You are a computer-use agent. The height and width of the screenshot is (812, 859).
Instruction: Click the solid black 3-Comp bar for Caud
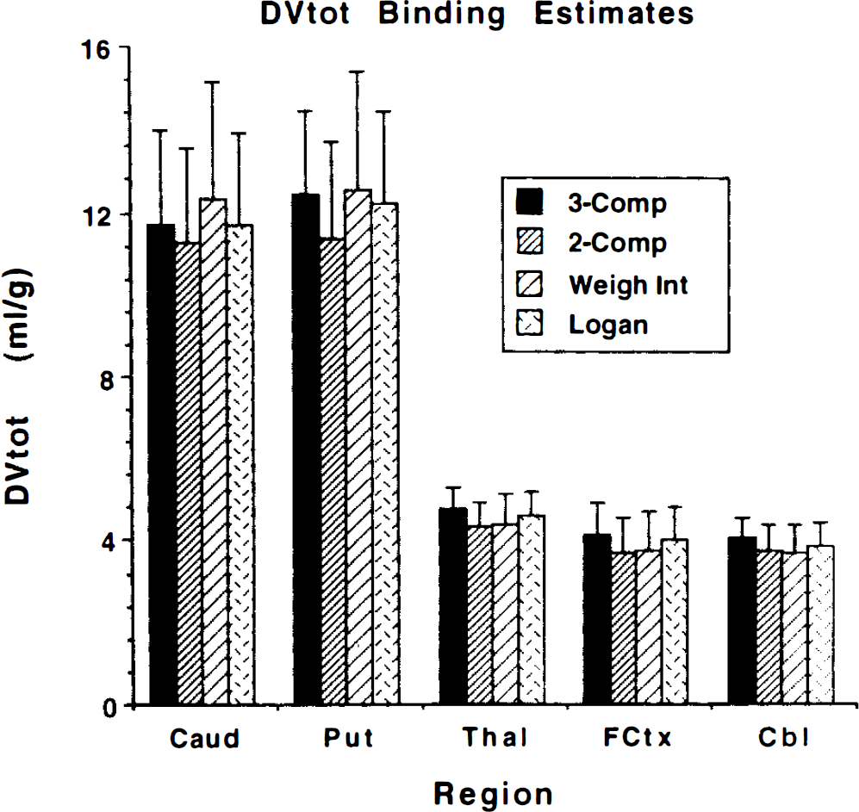point(162,464)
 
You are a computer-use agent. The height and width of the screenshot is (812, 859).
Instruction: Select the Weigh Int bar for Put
point(358,447)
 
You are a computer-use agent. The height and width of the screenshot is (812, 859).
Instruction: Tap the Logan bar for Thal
point(532,610)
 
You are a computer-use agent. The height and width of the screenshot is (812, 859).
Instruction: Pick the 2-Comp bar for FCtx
point(623,629)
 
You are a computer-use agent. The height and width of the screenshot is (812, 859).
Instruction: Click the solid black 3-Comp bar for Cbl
point(742,621)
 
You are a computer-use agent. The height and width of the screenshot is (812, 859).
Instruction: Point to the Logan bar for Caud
point(240,464)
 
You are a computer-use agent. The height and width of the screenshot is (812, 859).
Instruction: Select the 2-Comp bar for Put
point(332,471)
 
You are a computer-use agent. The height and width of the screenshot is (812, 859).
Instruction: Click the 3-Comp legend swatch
point(529,201)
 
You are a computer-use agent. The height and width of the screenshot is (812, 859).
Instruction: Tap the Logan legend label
point(608,325)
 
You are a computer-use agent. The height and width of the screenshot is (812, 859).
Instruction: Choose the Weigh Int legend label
point(628,285)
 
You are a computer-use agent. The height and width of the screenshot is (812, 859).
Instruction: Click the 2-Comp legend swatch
point(529,242)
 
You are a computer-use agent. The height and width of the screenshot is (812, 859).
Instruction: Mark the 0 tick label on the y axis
point(109,708)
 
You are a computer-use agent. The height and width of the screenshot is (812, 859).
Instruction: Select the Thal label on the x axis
point(495,738)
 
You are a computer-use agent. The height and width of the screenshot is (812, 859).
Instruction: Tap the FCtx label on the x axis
point(637,738)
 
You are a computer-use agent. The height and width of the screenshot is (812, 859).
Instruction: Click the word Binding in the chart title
point(441,15)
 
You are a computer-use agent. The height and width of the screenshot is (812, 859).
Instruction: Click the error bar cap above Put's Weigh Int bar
point(358,71)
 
